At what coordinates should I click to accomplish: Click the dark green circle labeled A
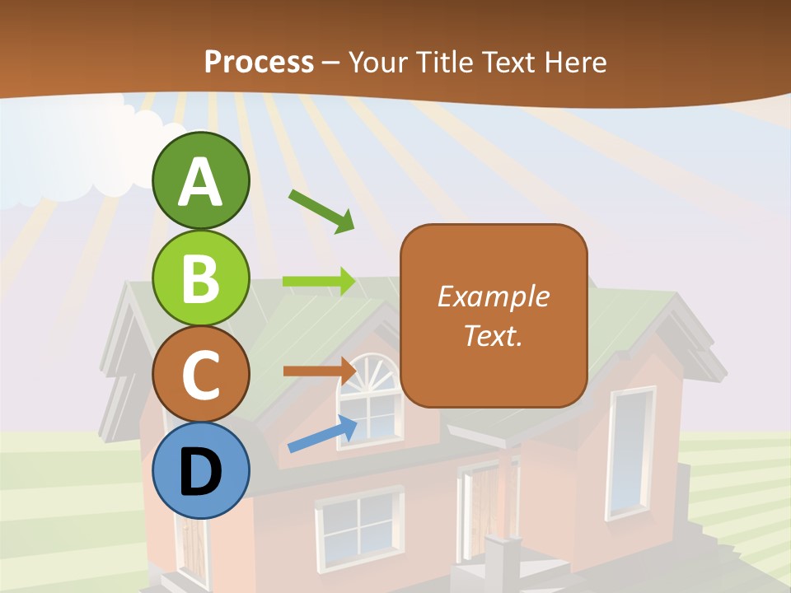click(x=201, y=180)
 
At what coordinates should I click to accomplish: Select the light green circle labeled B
click(x=201, y=278)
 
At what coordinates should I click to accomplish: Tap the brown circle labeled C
click(x=201, y=375)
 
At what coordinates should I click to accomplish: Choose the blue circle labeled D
click(x=201, y=471)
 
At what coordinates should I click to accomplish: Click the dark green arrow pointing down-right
click(x=321, y=211)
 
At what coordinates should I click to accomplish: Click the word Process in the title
click(x=259, y=62)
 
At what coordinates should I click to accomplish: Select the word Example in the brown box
click(x=494, y=296)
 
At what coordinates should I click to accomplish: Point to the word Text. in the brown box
click(x=494, y=335)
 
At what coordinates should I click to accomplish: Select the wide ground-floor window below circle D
click(x=358, y=527)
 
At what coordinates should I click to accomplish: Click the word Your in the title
click(x=377, y=62)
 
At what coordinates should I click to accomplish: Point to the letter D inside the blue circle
click(x=201, y=473)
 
